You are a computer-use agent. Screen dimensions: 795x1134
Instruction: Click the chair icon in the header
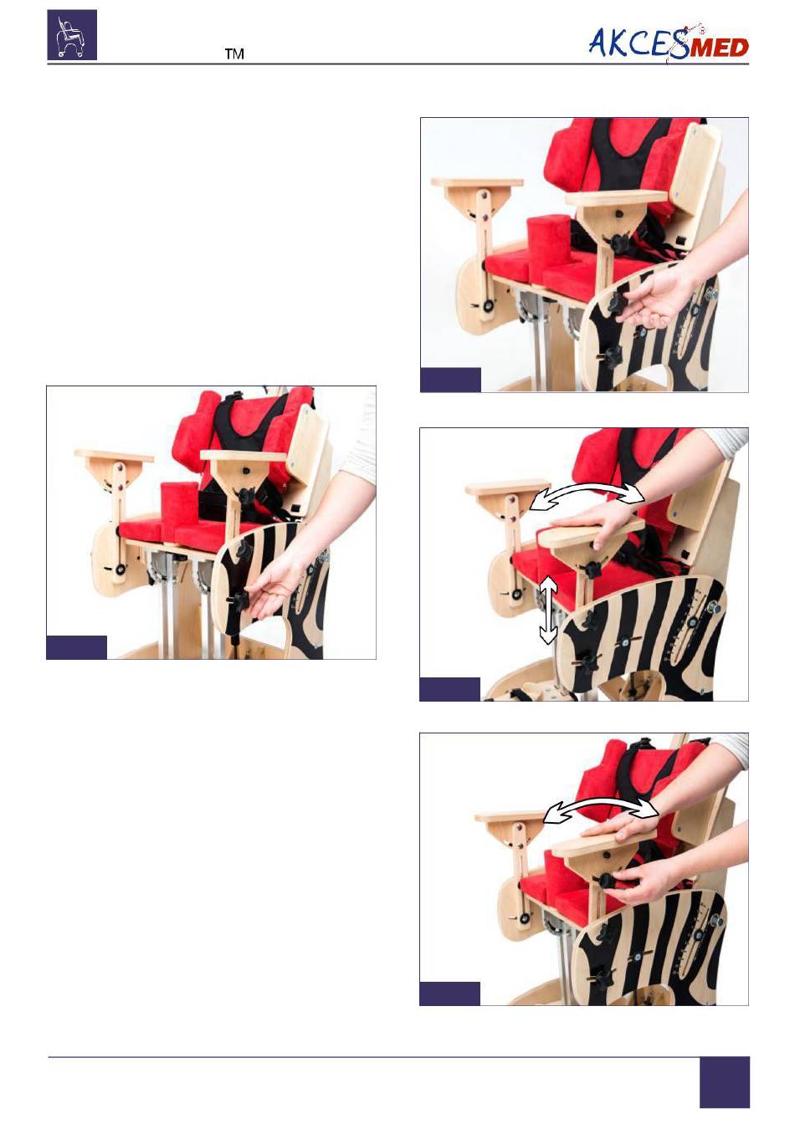coord(72,35)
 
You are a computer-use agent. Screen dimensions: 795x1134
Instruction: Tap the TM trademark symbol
coord(234,54)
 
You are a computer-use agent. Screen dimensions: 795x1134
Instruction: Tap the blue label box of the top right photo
coord(450,380)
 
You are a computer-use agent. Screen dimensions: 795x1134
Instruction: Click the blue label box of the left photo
coord(76,647)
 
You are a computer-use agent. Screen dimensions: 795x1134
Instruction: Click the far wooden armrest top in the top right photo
coord(477,183)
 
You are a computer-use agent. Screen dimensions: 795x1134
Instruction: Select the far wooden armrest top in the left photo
coord(114,455)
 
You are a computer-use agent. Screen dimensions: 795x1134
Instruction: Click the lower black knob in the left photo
coord(239,602)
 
